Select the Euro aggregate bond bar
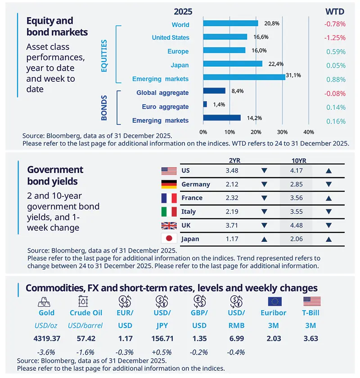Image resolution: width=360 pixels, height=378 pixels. pyautogui.click(x=205, y=104)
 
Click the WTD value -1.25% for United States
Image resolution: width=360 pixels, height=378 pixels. pyautogui.click(x=336, y=38)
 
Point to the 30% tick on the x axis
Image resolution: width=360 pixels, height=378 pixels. pyautogui.click(x=282, y=132)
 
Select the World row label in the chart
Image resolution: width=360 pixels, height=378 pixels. pyautogui.click(x=180, y=25)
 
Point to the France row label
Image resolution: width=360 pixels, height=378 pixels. pyautogui.click(x=192, y=198)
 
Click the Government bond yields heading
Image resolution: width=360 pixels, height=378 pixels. pyautogui.click(x=55, y=175)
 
